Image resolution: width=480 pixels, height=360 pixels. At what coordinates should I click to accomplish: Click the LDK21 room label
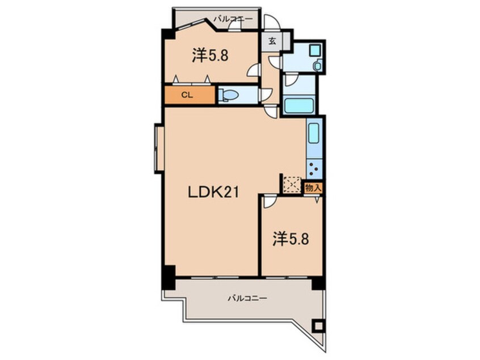coord(213,192)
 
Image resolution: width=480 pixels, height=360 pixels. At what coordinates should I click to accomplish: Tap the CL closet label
coord(187,95)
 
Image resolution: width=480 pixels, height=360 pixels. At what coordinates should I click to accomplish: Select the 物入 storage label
coord(313,188)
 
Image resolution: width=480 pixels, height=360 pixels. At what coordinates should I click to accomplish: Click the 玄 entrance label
coord(272,41)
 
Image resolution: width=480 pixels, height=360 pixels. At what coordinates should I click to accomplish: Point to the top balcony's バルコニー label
coord(233,19)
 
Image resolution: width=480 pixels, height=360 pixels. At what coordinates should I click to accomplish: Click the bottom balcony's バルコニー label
coord(247,298)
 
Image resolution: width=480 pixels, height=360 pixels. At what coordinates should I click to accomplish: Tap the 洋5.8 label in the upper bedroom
coord(210,56)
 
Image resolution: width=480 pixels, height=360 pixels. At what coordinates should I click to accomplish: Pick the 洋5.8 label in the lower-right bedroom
coord(290,239)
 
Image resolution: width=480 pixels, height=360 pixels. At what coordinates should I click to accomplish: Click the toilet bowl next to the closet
coord(229,95)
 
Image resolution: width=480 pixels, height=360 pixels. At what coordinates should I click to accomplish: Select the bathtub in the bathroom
coord(299,105)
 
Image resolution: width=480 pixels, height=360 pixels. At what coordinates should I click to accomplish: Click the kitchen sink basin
coord(314,133)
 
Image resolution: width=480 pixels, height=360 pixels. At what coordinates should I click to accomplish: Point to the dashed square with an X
coord(292,185)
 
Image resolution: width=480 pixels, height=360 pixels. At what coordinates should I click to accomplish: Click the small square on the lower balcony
coord(319,325)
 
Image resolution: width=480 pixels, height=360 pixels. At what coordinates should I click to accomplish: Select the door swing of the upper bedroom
coord(253,70)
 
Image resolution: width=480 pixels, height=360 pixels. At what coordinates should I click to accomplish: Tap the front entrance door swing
coord(272,22)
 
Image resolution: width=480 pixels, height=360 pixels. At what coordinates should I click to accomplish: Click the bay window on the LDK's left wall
coord(158,148)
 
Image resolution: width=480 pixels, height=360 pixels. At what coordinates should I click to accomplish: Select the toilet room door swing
coord(266,95)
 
